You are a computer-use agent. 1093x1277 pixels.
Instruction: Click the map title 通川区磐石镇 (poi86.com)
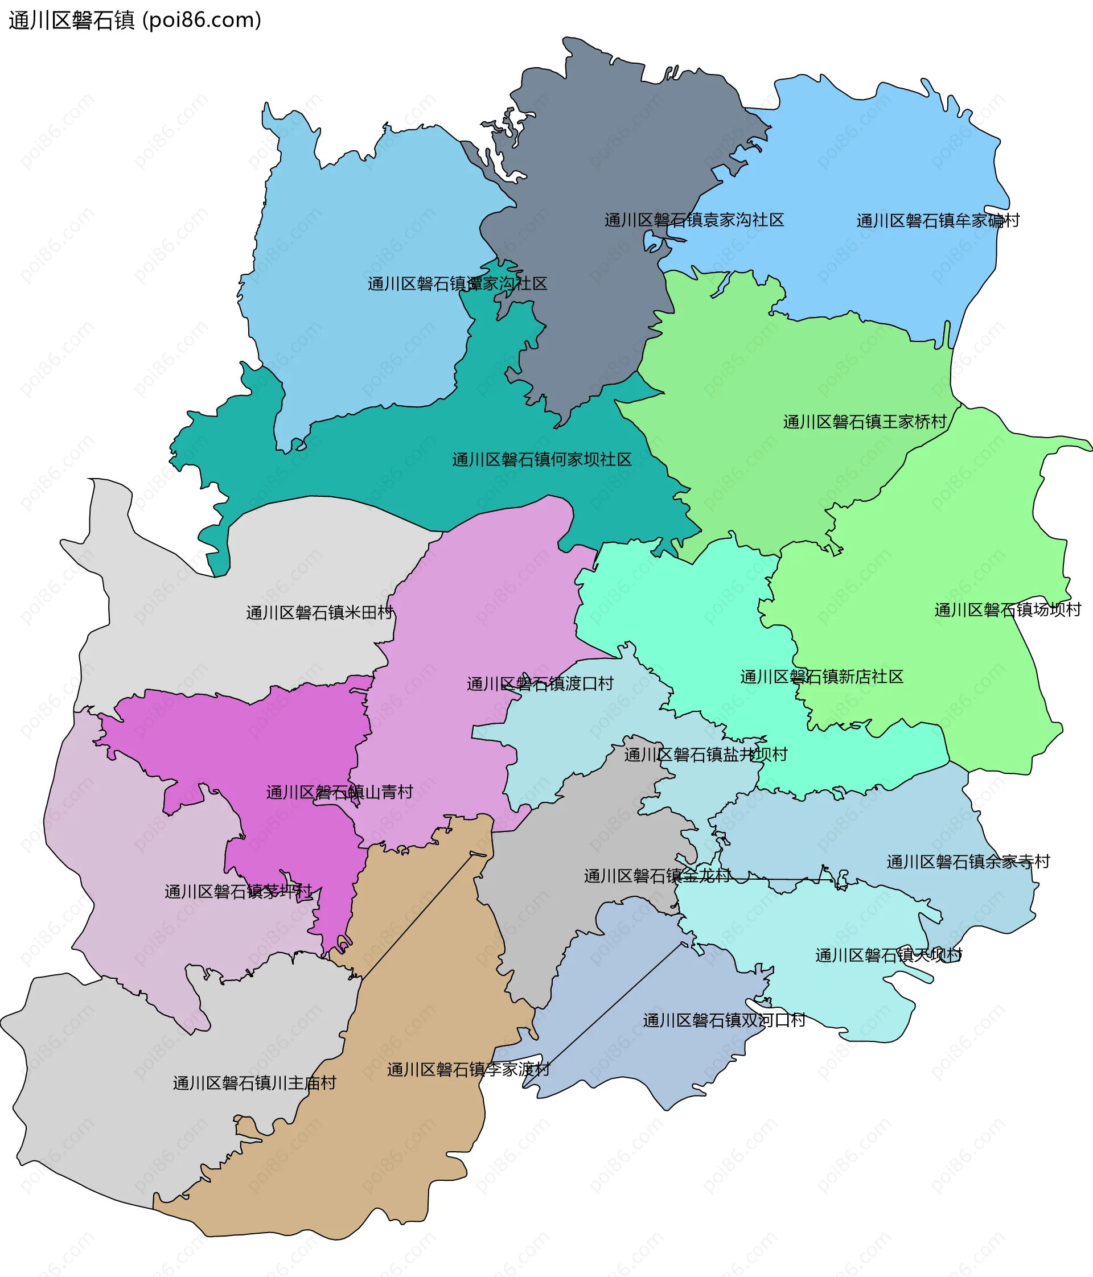pyautogui.click(x=135, y=20)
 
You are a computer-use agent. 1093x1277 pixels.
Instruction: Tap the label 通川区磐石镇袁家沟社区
pyautogui.click(x=693, y=220)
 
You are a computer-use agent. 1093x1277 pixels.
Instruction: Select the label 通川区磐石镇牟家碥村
pyautogui.click(x=938, y=221)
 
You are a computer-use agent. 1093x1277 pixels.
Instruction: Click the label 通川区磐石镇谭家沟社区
pyautogui.click(x=458, y=283)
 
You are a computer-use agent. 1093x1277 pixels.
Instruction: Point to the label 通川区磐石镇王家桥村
pyautogui.click(x=865, y=422)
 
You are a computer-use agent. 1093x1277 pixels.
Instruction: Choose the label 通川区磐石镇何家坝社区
pyautogui.click(x=542, y=460)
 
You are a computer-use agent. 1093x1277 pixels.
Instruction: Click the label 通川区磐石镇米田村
pyautogui.click(x=319, y=613)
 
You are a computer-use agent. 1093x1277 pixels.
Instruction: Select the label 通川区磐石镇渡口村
pyautogui.click(x=540, y=683)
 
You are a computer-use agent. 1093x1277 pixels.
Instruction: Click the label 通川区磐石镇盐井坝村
pyautogui.click(x=705, y=755)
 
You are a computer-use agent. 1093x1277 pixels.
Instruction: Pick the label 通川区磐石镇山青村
pyautogui.click(x=339, y=792)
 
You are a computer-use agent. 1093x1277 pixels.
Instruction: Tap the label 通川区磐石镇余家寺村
pyautogui.click(x=968, y=862)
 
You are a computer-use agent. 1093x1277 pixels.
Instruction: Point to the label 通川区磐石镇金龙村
pyautogui.click(x=657, y=876)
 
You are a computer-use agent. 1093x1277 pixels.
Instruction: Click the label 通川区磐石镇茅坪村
pyautogui.click(x=239, y=891)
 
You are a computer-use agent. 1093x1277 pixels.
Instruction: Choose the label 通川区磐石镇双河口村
pyautogui.click(x=724, y=1020)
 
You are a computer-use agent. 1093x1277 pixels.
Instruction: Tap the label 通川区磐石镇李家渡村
pyautogui.click(x=468, y=1069)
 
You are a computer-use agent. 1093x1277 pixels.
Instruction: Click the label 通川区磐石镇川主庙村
pyautogui.click(x=254, y=1083)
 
